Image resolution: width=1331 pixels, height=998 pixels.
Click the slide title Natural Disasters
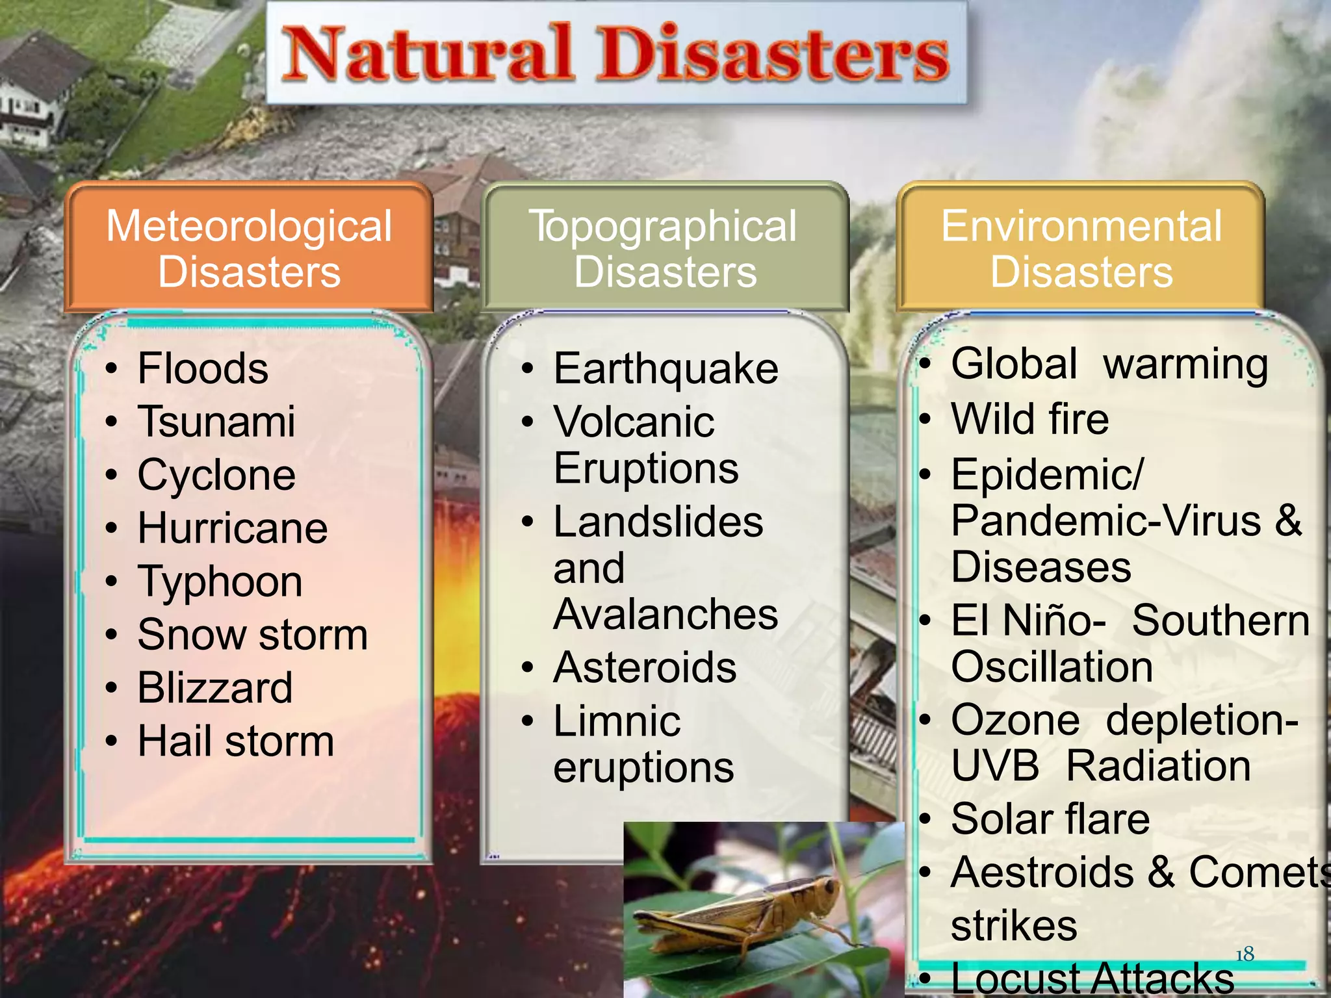point(616,54)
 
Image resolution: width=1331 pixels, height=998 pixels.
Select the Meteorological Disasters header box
point(249,248)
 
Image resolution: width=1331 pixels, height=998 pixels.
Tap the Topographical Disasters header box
point(664,248)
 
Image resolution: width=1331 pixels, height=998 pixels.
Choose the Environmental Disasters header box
point(1081,248)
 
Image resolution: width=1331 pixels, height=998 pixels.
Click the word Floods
point(203,368)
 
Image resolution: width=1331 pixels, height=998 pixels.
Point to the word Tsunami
point(216,422)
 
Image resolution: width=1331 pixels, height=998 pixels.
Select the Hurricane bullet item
point(233,528)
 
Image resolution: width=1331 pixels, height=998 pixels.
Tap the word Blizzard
point(215,687)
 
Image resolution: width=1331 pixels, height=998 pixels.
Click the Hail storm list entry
point(235,741)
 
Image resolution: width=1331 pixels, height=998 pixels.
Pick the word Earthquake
point(665,368)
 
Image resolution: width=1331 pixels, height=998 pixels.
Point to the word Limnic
point(617,721)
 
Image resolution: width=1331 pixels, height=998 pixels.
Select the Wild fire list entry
point(1030,418)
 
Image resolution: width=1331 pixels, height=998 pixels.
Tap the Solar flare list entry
point(1050,819)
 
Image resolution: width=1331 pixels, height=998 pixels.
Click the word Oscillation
point(1052,667)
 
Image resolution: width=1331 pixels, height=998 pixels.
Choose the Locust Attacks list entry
point(1092,978)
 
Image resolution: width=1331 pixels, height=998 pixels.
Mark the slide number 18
point(1245,954)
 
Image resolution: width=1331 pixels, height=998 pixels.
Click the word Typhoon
point(220,582)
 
